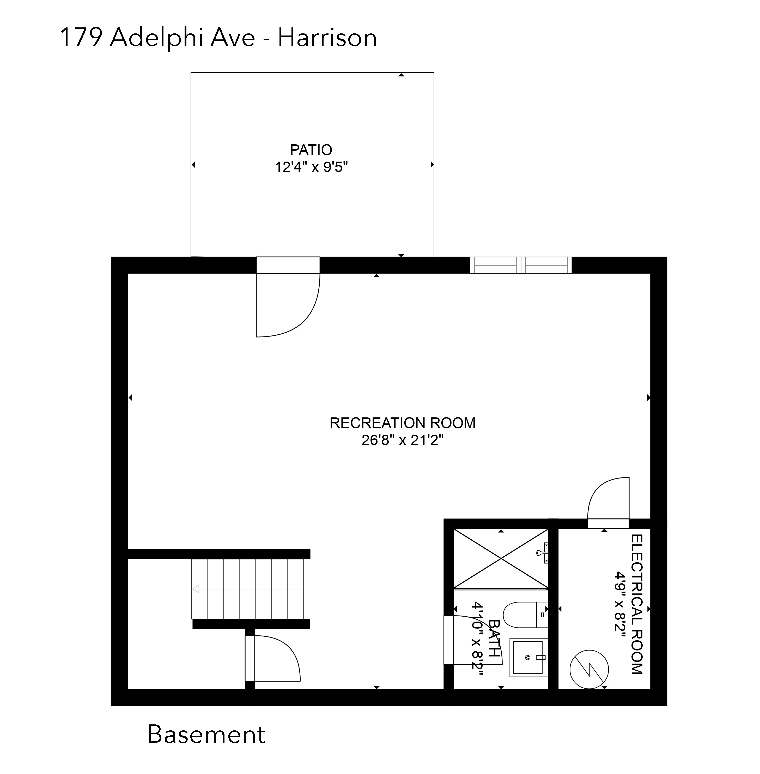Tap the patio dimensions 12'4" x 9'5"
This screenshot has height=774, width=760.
coord(311,167)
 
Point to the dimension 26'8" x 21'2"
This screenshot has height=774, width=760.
coord(402,440)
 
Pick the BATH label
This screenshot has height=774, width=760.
coord(494,638)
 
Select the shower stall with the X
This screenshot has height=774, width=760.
coord(501,559)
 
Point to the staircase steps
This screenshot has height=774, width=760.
coord(247,589)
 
